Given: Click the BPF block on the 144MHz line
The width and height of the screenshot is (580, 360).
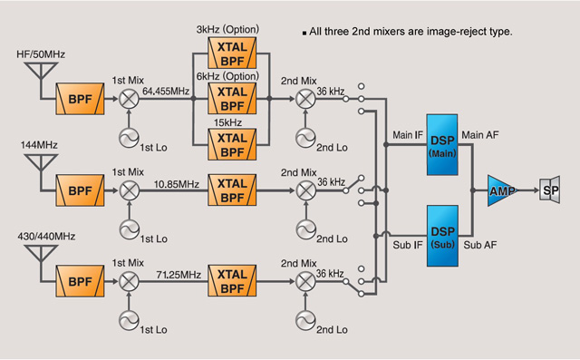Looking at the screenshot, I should (81, 190).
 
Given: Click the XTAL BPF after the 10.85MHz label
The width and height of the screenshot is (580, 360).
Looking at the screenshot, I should (232, 190).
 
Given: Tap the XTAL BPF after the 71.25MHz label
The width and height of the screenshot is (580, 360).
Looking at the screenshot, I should (232, 277).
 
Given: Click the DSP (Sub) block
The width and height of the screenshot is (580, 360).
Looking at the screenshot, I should (444, 230).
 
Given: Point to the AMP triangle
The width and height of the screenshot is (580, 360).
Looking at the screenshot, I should (500, 190).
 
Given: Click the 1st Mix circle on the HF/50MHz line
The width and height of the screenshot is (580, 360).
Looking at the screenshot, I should (130, 98).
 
